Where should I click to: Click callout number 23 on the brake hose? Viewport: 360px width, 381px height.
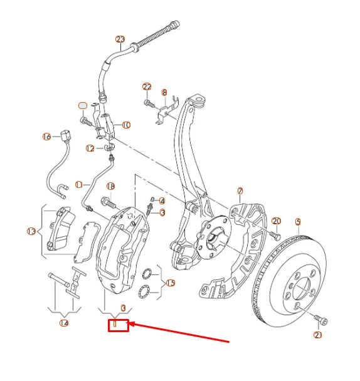point(120,39)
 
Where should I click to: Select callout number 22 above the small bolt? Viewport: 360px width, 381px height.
point(147,86)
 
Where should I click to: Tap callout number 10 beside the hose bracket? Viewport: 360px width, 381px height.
point(126,125)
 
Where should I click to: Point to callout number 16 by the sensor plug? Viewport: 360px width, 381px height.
point(46,137)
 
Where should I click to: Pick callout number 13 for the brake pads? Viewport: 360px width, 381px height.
point(31,232)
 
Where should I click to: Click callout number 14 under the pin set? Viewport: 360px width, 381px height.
point(63,323)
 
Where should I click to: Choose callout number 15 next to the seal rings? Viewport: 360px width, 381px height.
point(170,284)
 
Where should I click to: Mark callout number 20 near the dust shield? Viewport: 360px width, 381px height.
point(277,221)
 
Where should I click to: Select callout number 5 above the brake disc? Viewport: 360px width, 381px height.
point(298,222)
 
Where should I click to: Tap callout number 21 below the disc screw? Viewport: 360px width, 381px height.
point(317,335)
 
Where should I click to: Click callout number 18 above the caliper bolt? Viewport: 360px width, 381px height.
point(110,186)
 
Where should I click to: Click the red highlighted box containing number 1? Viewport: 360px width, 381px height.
point(119,325)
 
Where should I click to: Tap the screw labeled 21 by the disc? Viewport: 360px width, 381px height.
point(322,321)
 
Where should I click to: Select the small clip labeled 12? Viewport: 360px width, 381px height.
point(109,149)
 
